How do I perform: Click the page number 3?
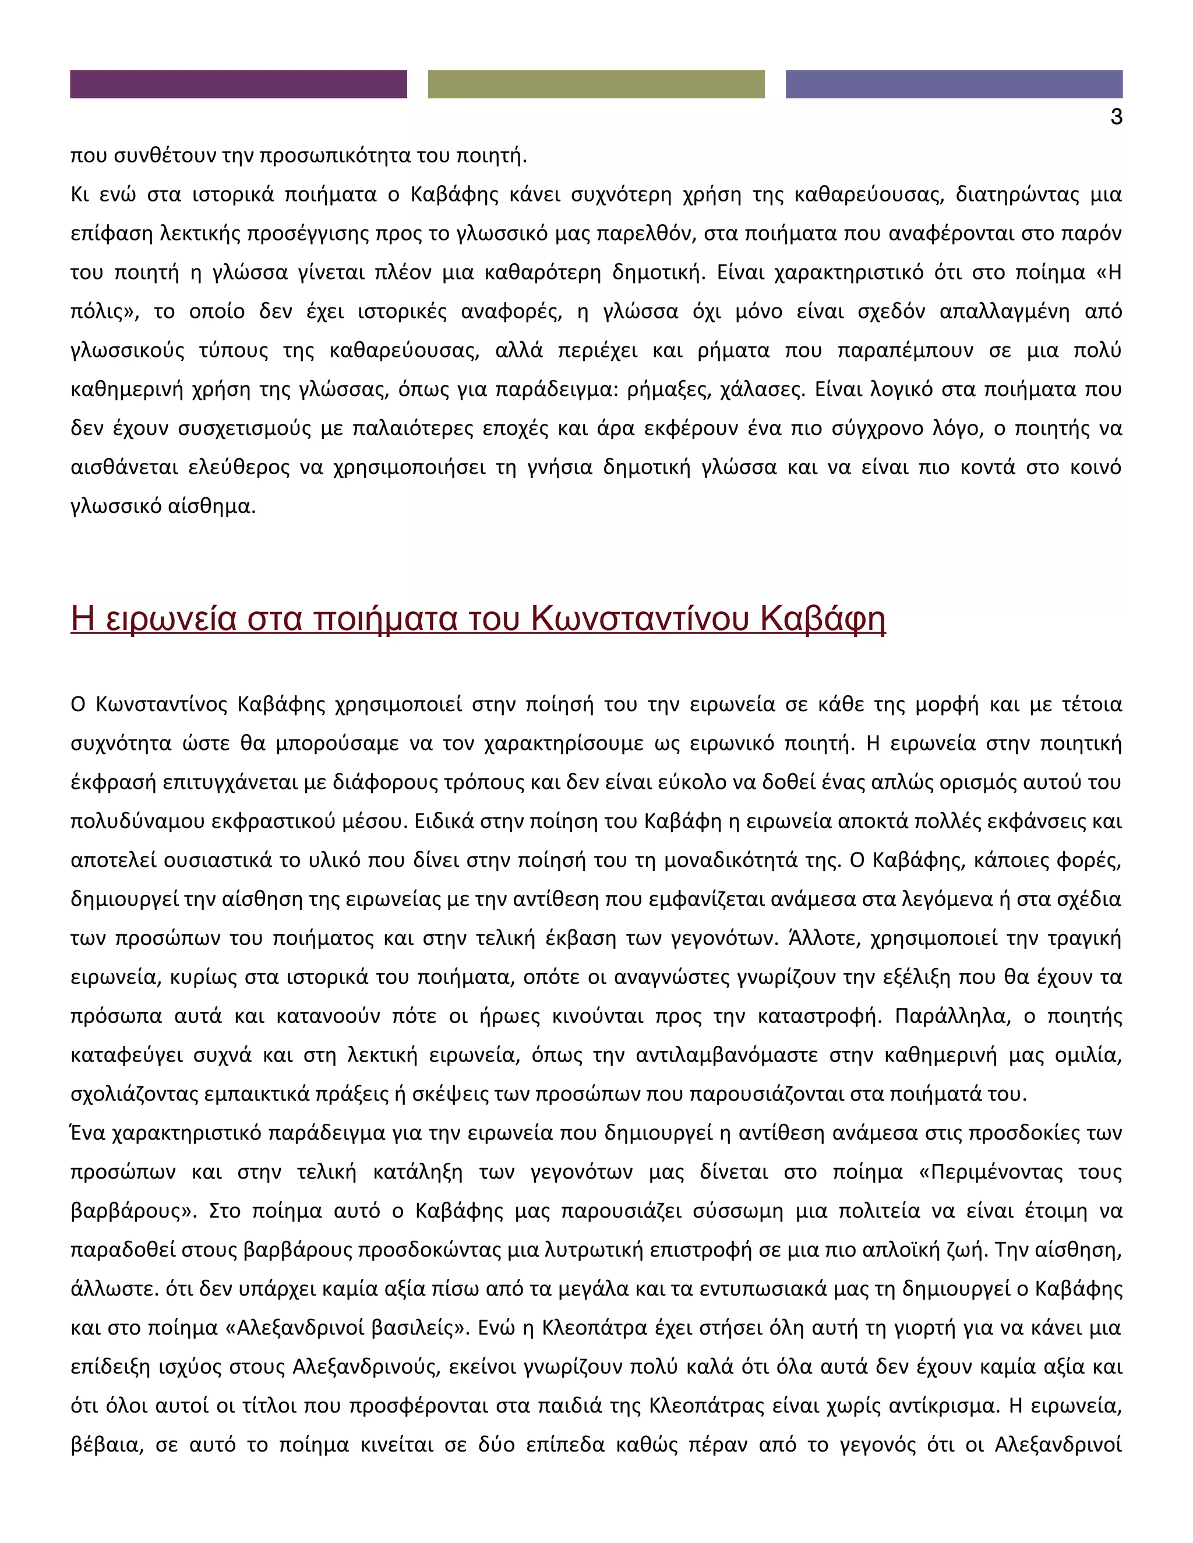[1116, 116]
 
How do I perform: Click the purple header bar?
[238, 84]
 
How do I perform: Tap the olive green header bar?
[596, 84]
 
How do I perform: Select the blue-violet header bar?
[954, 84]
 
